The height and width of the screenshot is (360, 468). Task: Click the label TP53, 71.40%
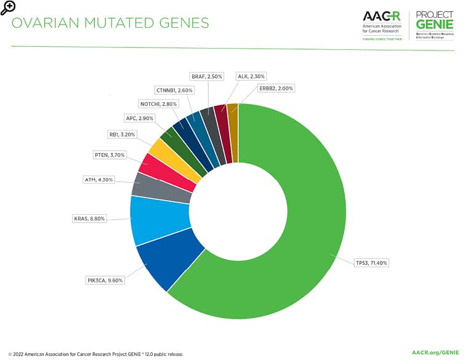click(x=372, y=263)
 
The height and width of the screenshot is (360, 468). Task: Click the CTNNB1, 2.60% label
click(x=175, y=90)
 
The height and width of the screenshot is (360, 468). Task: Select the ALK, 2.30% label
click(x=251, y=76)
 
